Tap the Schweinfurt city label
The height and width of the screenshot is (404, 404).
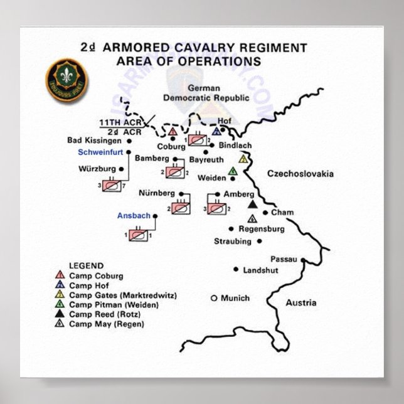coord(100,152)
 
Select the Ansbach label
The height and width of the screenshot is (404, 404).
coord(134,216)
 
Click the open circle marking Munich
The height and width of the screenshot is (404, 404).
coord(213,297)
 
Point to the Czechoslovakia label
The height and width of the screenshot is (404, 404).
coord(300,174)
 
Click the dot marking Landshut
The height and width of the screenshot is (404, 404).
coord(237,270)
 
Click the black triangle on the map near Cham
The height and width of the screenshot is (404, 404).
coord(252,205)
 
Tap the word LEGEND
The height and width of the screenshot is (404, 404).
coord(86,266)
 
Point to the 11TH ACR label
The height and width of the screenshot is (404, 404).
coord(120,122)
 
